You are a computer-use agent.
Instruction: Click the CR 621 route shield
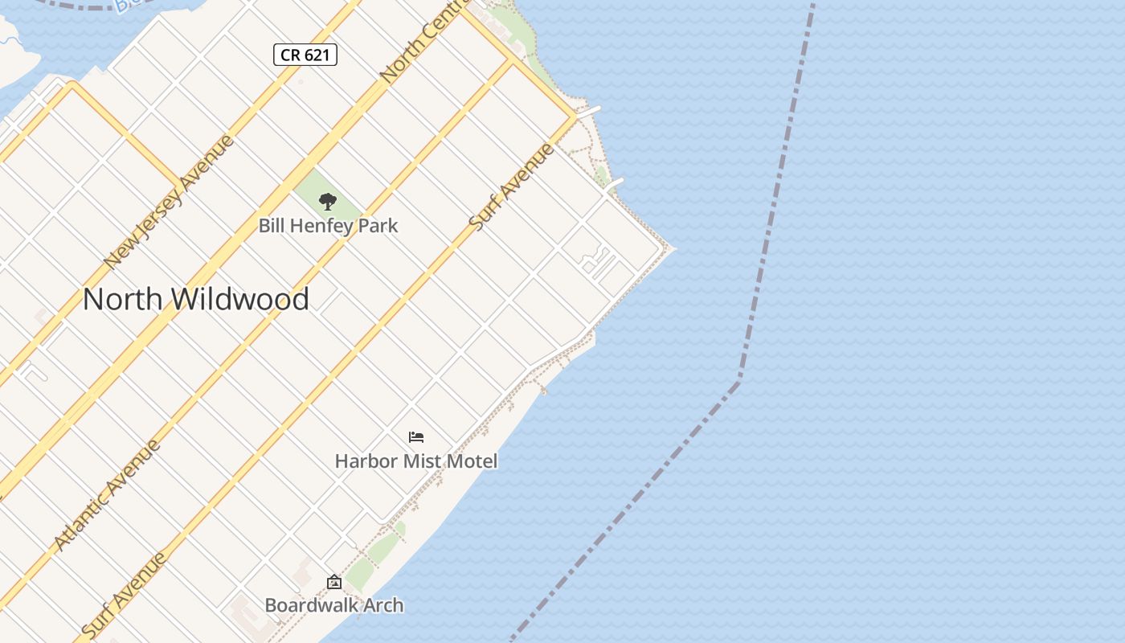[x=305, y=55]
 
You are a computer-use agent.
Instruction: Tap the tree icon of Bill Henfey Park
[x=327, y=201]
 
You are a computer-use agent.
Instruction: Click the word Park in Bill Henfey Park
[x=378, y=226]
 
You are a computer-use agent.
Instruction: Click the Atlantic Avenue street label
[x=107, y=495]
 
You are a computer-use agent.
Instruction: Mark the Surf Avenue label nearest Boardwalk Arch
[x=125, y=595]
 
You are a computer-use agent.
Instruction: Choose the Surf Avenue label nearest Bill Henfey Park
[x=512, y=187]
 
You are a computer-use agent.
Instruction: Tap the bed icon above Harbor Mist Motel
[x=415, y=437]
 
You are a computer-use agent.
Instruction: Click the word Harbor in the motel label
[x=366, y=461]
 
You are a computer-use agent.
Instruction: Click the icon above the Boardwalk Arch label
[x=334, y=582]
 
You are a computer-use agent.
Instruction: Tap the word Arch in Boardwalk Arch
[x=382, y=605]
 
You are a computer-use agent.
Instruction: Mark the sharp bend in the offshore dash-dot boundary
[x=738, y=378]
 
